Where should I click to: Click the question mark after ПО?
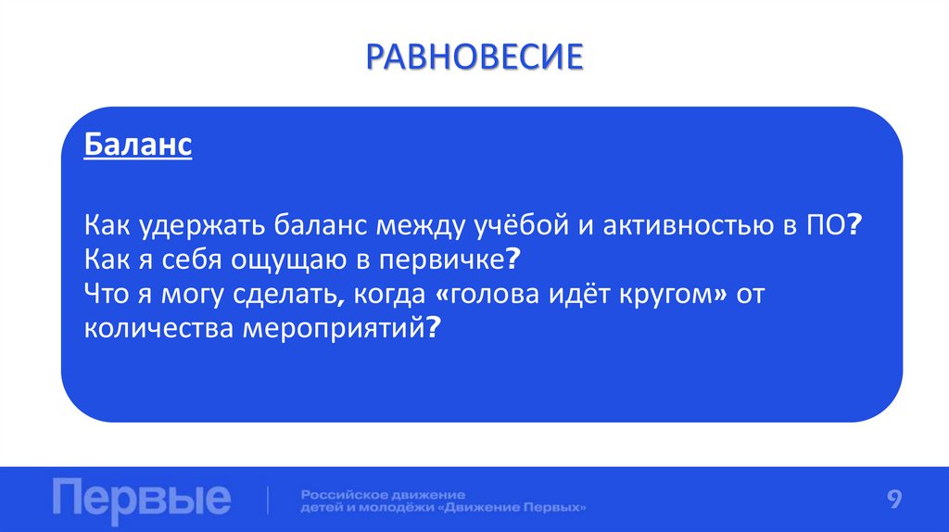pyautogui.click(x=854, y=226)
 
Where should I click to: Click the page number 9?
pyautogui.click(x=894, y=500)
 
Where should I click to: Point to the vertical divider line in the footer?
pyautogui.click(x=269, y=500)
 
